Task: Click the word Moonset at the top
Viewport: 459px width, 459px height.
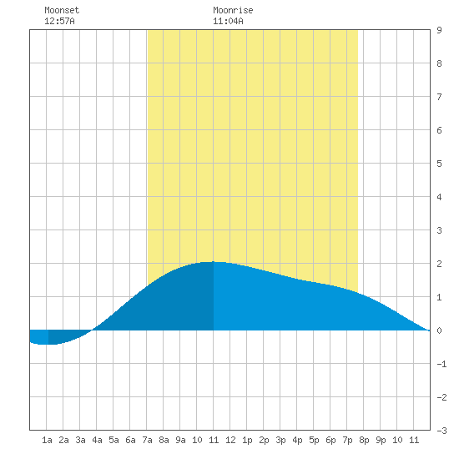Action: click(62, 10)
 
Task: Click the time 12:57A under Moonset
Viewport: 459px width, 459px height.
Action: click(59, 21)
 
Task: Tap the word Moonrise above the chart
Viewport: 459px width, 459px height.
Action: click(233, 10)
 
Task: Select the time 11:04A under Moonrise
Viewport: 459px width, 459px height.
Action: click(228, 21)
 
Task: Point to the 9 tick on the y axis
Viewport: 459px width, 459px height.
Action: click(439, 30)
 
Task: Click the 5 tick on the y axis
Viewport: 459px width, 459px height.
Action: click(439, 164)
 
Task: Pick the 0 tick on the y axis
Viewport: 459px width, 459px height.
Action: click(439, 330)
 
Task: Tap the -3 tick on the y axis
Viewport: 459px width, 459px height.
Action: click(441, 431)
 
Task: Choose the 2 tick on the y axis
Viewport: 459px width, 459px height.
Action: click(439, 264)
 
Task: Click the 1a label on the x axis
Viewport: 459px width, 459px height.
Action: click(47, 440)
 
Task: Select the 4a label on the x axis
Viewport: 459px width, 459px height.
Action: click(97, 440)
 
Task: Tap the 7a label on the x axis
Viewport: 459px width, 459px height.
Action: click(147, 440)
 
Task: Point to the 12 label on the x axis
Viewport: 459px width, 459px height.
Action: click(230, 440)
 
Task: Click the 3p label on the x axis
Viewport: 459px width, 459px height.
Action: click(280, 440)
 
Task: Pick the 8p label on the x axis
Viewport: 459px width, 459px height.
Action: click(364, 440)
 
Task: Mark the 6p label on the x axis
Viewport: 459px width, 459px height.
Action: click(330, 440)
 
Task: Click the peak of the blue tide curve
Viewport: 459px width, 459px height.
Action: click(213, 261)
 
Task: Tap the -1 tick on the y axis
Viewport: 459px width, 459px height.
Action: click(441, 364)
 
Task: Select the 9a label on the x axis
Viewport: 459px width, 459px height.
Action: click(180, 440)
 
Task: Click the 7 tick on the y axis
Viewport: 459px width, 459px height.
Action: click(439, 97)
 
